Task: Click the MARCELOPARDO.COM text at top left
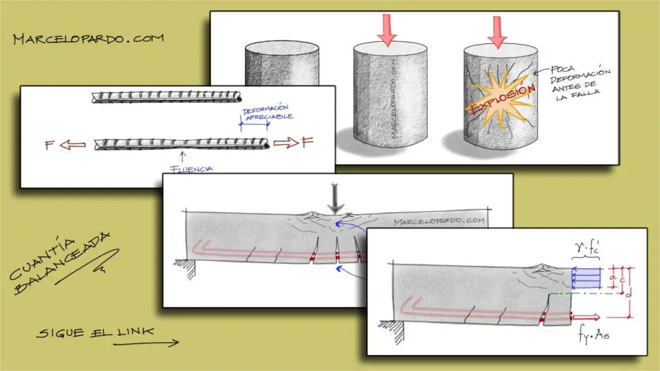pos(88,39)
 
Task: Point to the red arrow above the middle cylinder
pos(387,30)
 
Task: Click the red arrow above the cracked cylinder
pos(497,32)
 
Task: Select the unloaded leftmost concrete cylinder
pos(282,64)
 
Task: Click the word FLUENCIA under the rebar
pos(191,169)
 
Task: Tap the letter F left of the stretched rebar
pos(50,145)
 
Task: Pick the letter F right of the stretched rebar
pos(307,142)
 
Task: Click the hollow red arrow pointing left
pos(72,145)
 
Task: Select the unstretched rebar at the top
pos(167,98)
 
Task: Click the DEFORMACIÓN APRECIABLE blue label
pos(267,112)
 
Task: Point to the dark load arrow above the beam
pos(335,198)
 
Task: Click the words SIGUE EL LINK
pos(95,333)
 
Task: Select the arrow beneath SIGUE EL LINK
pos(146,344)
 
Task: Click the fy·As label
pos(594,335)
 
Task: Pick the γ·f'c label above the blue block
pos(587,249)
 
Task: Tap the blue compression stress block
pos(586,278)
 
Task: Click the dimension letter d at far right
pos(628,294)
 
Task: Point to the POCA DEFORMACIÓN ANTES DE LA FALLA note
pos(579,83)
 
